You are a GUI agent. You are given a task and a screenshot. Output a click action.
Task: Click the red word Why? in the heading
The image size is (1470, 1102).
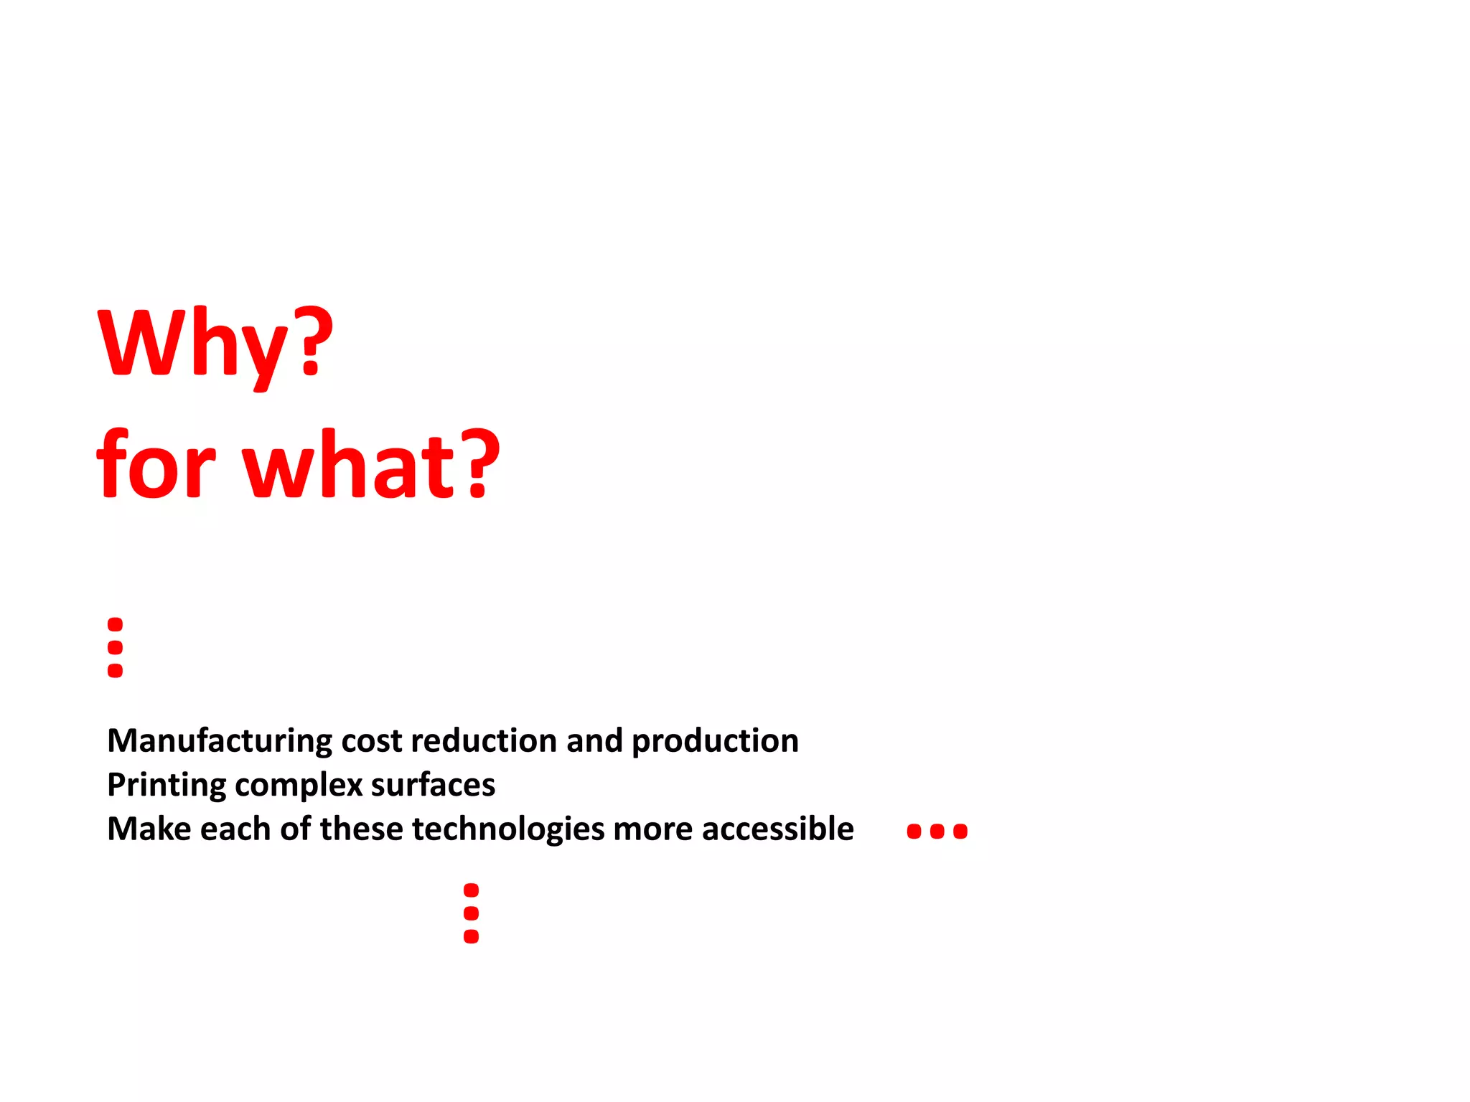click(215, 344)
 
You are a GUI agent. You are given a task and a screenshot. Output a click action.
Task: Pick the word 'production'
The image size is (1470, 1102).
click(715, 741)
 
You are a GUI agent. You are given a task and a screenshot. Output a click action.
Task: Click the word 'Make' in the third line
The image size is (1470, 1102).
click(149, 829)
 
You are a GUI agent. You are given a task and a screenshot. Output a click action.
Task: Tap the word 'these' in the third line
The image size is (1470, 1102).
click(362, 829)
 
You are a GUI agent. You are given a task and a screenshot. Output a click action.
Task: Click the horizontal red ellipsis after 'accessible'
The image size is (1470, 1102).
click(937, 832)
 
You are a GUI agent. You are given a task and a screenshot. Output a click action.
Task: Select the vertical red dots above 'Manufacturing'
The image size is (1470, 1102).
click(115, 647)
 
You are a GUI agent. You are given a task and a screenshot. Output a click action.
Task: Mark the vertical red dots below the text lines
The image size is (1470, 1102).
click(471, 913)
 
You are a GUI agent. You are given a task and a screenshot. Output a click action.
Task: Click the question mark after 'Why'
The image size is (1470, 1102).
click(314, 340)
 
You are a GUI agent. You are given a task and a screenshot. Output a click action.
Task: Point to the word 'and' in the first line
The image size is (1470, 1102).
click(594, 741)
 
